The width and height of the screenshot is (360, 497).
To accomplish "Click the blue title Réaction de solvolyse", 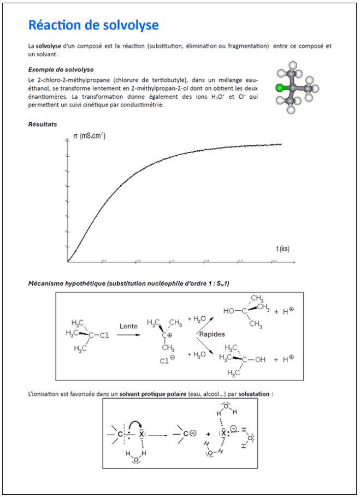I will coord(93,25).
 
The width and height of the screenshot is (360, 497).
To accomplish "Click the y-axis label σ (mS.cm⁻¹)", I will coord(90,135).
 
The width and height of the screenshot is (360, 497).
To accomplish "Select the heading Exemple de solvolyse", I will coord(61,69).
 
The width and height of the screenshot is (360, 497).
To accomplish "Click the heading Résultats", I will coord(42,125).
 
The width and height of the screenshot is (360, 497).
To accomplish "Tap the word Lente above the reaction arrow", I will coord(128,326).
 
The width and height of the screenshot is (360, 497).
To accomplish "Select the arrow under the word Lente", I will coord(128,335).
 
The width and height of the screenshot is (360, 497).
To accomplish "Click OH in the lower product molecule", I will coord(259,359).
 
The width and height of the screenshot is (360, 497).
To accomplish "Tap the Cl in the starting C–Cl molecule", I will coord(104,335).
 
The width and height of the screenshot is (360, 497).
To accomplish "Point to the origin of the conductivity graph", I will coord(68,263).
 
